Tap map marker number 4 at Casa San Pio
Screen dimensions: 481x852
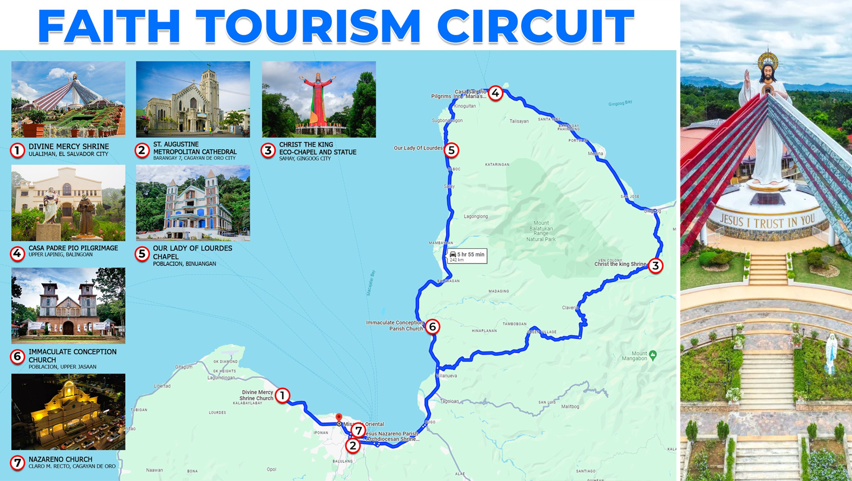click(x=495, y=93)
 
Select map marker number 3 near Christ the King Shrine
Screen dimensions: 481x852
click(x=655, y=265)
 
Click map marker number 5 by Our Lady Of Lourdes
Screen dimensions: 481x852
click(x=451, y=150)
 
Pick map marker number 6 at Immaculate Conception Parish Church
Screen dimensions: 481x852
click(x=432, y=327)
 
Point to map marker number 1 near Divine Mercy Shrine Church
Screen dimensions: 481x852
click(x=282, y=395)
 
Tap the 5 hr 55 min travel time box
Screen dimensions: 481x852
click(x=467, y=256)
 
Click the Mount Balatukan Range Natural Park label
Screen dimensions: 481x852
click(x=541, y=231)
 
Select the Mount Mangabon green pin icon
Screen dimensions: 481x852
click(x=653, y=355)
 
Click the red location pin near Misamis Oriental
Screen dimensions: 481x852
click(x=339, y=418)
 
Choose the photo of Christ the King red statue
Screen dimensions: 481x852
click(x=319, y=99)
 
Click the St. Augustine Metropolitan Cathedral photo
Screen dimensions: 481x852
click(x=193, y=99)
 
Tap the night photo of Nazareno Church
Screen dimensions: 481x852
click(x=68, y=412)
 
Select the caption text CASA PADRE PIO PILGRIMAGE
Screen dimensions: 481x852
click(x=73, y=248)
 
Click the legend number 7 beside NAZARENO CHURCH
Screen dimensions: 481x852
click(x=17, y=463)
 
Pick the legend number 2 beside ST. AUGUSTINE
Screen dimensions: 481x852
click(x=143, y=150)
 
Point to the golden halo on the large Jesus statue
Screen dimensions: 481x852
click(x=767, y=59)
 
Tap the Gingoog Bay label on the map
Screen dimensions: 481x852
click(x=620, y=103)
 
